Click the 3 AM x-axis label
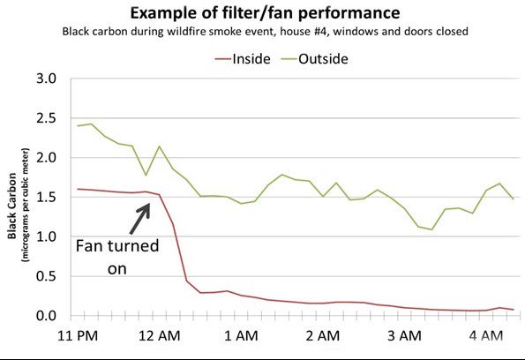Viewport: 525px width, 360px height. click(x=404, y=336)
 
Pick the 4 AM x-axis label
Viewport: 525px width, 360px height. click(x=485, y=336)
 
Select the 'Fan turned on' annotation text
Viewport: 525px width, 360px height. click(x=116, y=257)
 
